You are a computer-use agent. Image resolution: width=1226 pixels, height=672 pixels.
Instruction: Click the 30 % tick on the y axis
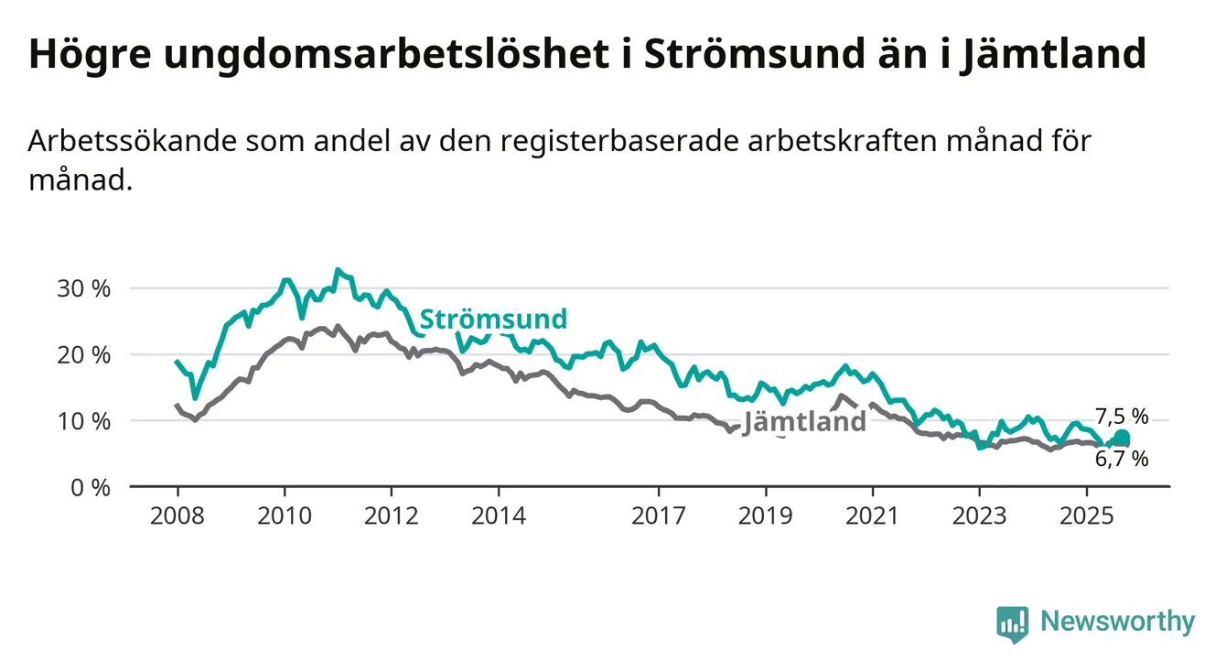(84, 288)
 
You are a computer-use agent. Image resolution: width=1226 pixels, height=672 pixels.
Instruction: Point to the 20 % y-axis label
(84, 354)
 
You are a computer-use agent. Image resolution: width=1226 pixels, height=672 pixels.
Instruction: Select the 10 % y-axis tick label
(84, 421)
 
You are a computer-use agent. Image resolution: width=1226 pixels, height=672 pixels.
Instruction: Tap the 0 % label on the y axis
(90, 487)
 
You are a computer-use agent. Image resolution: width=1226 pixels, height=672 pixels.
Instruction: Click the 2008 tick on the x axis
(177, 516)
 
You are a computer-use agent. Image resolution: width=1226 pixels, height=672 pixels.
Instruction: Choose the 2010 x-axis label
(285, 516)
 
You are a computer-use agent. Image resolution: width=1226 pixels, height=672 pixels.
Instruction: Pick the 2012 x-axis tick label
(392, 516)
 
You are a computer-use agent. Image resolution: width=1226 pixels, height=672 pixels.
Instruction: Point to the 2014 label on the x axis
(499, 516)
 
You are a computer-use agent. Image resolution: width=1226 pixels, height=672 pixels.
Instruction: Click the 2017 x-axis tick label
(659, 516)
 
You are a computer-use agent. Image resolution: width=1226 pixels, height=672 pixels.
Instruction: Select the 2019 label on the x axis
(766, 516)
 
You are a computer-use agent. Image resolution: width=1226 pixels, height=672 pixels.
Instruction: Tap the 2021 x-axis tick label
(873, 516)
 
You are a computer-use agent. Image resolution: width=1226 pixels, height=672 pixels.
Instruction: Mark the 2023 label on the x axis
(980, 516)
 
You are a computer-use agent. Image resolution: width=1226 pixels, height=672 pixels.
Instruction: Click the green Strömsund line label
(493, 320)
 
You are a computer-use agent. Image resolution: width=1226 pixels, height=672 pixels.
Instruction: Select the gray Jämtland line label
(804, 422)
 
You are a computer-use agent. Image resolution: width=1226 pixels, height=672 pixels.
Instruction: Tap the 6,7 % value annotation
(1122, 460)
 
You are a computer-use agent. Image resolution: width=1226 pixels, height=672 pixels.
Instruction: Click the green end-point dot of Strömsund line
(1122, 438)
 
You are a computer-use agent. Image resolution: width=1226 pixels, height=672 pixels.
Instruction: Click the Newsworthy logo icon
(1013, 623)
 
